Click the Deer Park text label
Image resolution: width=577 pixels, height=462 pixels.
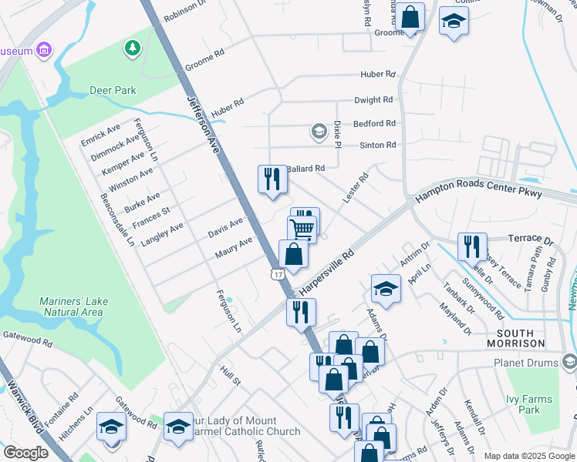[113, 90]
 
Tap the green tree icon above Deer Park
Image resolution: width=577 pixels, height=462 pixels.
[133, 49]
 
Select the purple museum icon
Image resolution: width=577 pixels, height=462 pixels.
[45, 51]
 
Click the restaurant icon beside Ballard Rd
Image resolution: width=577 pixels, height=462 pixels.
[272, 179]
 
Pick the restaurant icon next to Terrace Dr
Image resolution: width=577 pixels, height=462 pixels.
[471, 246]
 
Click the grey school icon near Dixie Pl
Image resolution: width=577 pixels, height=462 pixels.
[319, 132]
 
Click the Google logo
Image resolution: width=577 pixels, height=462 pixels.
[26, 453]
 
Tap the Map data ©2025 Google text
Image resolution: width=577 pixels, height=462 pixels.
[528, 456]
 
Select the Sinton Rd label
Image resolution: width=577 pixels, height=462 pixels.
[378, 145]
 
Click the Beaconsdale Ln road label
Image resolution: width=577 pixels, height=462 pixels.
[118, 219]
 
